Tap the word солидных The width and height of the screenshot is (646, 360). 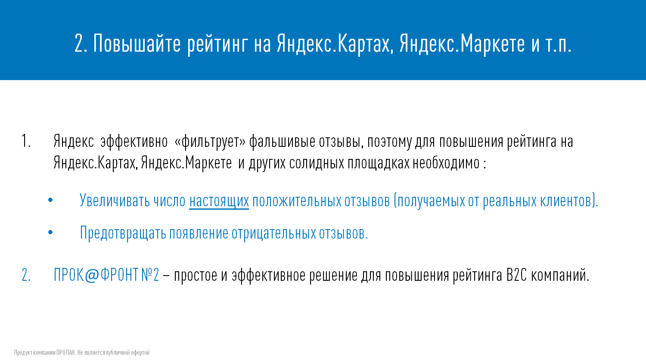point(317,163)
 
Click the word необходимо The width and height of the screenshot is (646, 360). point(446,163)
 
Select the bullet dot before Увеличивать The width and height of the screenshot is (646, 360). point(50,200)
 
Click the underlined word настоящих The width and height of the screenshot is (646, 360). point(219,201)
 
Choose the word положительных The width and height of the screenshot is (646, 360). point(297,201)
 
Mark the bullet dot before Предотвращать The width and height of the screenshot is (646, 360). point(50,232)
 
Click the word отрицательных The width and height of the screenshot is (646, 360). point(273,233)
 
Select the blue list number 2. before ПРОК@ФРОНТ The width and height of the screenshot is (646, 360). point(26,275)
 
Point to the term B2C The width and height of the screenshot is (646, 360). point(516,275)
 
